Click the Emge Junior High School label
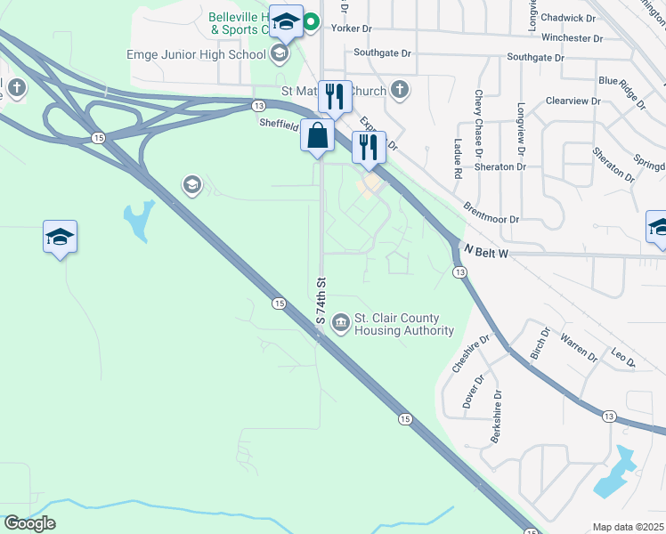(x=197, y=54)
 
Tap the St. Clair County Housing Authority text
(x=403, y=325)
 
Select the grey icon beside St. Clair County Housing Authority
(x=340, y=321)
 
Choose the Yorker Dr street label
(x=351, y=28)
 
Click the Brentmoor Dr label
(x=491, y=212)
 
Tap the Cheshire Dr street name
(x=471, y=353)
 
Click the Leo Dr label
(x=624, y=359)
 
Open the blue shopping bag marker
(x=318, y=137)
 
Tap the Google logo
(x=29, y=523)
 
